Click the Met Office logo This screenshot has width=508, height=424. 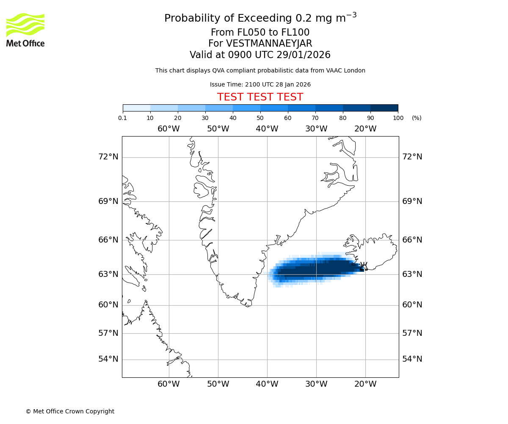click(x=25, y=30)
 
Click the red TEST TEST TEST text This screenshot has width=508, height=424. click(x=260, y=98)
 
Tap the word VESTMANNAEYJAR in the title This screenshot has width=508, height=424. click(x=269, y=44)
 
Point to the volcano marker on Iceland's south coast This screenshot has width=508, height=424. click(x=363, y=266)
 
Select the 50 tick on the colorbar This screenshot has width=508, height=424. click(x=260, y=118)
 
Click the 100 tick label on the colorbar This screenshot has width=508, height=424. click(x=398, y=118)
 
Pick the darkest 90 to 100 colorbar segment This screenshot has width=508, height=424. click(x=384, y=108)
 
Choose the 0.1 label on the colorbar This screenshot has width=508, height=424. click(x=123, y=118)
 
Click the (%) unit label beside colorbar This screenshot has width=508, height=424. click(x=417, y=118)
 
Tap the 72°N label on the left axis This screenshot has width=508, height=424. click(x=108, y=157)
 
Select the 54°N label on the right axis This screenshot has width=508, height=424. click(x=412, y=359)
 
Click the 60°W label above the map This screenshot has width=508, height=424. click(x=168, y=129)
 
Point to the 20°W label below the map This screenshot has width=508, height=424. click(x=365, y=384)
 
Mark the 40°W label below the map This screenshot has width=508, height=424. click(x=267, y=384)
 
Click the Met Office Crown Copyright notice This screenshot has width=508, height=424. click(x=70, y=411)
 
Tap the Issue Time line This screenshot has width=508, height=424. click(x=260, y=85)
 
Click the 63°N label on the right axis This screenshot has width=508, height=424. click(x=412, y=274)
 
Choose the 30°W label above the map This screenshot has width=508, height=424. click(x=316, y=129)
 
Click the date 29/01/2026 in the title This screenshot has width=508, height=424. click(x=304, y=55)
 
